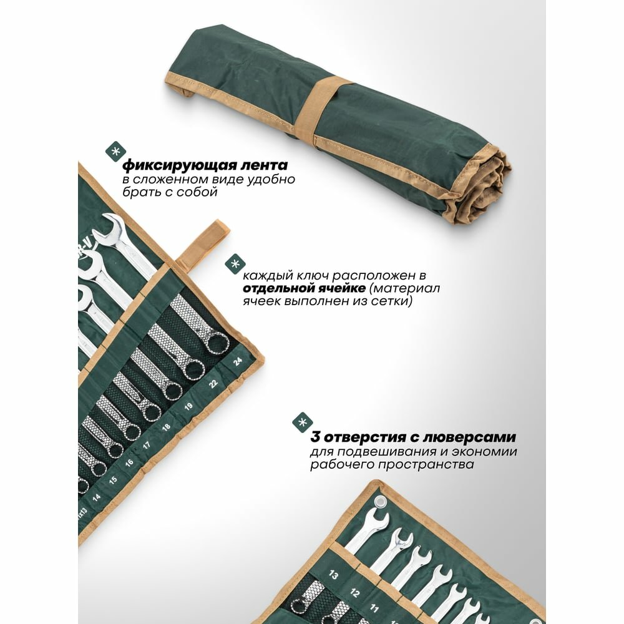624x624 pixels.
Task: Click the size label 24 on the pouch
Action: tap(238, 361)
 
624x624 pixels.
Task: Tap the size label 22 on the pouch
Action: tap(213, 384)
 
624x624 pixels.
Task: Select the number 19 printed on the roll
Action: tap(188, 406)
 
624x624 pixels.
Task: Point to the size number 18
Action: tap(167, 427)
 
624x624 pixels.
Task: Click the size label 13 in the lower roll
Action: tap(333, 575)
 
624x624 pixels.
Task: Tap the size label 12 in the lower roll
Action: tap(354, 593)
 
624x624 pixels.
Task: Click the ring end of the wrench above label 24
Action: tap(217, 343)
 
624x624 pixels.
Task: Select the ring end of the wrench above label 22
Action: tap(194, 369)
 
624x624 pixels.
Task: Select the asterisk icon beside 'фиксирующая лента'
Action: tap(115, 152)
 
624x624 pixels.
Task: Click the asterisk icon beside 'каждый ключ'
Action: tap(235, 264)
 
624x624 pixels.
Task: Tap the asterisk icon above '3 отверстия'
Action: tap(303, 422)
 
